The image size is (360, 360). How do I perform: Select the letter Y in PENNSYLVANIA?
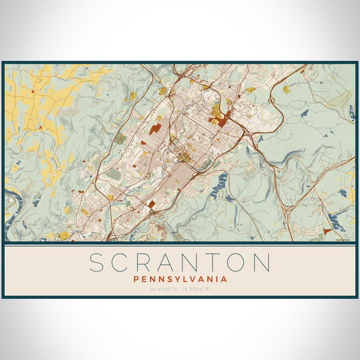176,279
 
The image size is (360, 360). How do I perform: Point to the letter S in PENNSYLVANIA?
167,279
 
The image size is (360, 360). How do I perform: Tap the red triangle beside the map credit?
327,230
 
